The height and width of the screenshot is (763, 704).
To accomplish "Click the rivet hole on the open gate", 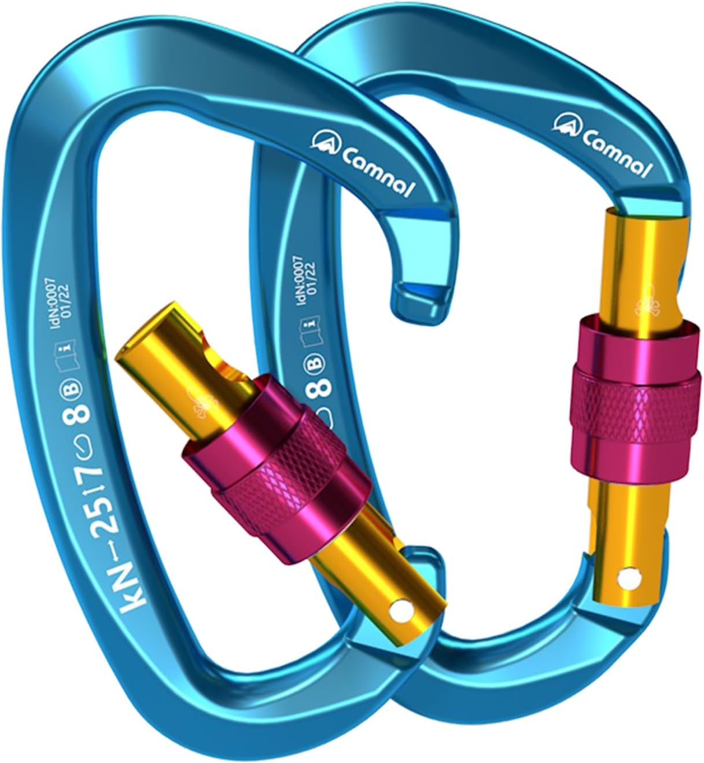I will pyautogui.click(x=400, y=611).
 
